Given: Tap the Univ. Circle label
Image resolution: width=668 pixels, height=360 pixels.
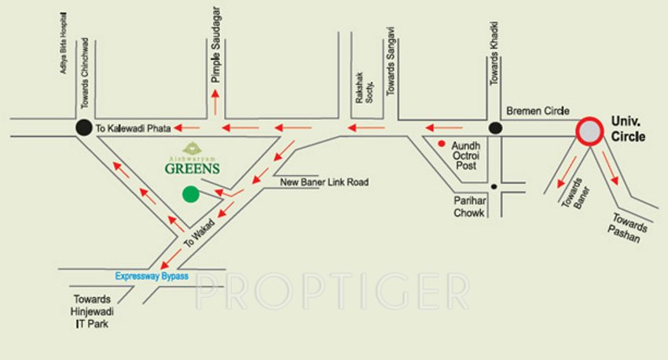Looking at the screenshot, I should pyautogui.click(x=628, y=130).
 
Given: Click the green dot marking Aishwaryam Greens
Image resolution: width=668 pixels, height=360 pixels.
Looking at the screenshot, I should pyautogui.click(x=190, y=194).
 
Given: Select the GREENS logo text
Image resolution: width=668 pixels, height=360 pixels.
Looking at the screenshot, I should pyautogui.click(x=192, y=167).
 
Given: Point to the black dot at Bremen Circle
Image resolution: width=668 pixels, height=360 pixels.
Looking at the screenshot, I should pyautogui.click(x=495, y=127).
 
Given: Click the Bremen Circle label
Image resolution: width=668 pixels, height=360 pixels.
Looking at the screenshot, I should pyautogui.click(x=537, y=112).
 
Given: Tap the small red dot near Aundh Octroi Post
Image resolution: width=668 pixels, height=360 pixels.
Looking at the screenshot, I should pyautogui.click(x=442, y=144).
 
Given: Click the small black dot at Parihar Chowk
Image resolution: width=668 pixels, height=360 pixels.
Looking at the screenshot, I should pyautogui.click(x=494, y=186).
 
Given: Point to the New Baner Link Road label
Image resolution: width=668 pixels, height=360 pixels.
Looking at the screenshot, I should pyautogui.click(x=325, y=182).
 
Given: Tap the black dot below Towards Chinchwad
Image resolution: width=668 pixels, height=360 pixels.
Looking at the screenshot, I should pyautogui.click(x=83, y=127).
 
